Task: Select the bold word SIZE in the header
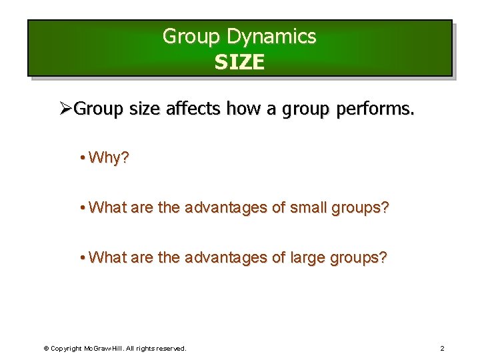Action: [239, 63]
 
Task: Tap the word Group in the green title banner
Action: [191, 37]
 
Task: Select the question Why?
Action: [109, 158]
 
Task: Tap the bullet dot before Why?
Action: [81, 158]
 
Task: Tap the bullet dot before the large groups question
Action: [81, 257]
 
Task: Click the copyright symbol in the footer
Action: [46, 349]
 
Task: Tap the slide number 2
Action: [442, 349]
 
